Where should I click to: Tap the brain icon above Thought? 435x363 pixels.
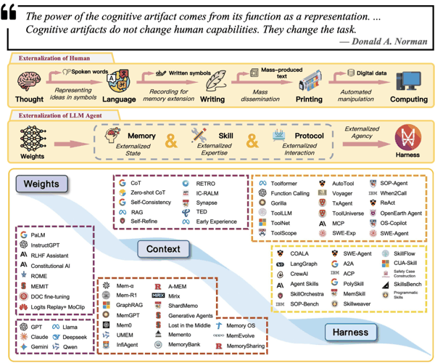(x=25, y=78)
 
